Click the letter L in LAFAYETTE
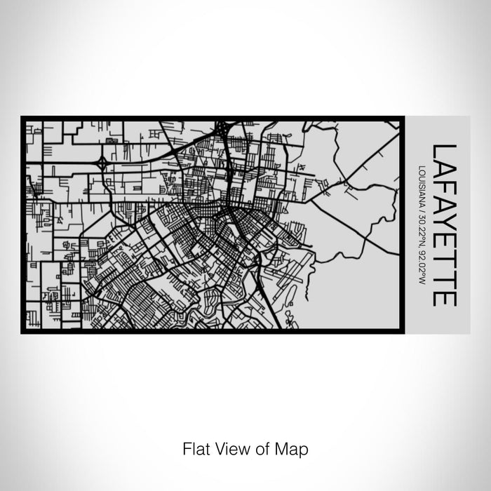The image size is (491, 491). click(x=445, y=152)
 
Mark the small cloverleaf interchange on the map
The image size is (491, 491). click(x=102, y=163)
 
